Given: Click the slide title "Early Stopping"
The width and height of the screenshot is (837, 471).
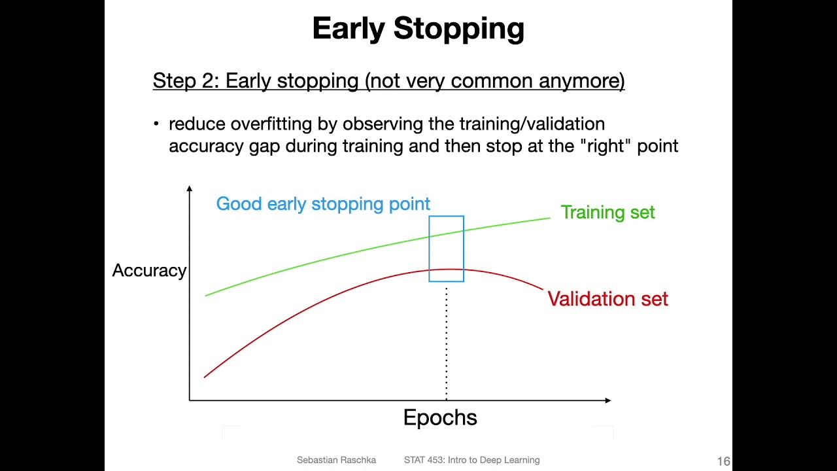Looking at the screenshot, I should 418,29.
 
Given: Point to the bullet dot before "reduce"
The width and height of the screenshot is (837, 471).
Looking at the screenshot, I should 156,124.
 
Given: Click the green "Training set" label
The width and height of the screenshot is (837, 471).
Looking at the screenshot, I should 607,213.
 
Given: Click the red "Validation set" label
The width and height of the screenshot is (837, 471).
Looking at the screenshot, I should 607,299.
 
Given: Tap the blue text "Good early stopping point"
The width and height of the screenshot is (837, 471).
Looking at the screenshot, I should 323,204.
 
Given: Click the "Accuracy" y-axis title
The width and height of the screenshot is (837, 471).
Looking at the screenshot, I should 149,271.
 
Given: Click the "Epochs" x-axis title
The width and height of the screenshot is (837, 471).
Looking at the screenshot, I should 440,418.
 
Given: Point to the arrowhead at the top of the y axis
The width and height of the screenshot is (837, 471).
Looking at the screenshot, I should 190,189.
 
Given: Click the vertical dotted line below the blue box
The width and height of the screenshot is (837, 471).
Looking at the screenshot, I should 447,340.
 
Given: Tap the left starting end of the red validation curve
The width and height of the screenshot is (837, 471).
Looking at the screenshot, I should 206,376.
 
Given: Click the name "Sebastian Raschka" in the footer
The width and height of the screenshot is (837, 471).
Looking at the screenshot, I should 336,460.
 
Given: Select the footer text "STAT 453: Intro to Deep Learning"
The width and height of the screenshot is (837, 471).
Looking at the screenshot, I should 471,460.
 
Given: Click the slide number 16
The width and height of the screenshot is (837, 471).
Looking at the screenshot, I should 723,461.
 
